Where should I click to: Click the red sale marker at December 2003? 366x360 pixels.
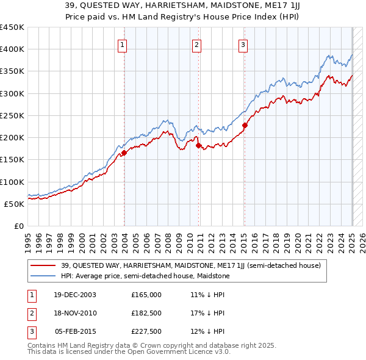click(x=124, y=153)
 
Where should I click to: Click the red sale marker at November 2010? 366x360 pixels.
click(x=199, y=145)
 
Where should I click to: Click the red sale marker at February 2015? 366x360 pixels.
click(x=244, y=126)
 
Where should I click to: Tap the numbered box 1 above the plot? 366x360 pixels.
click(x=123, y=44)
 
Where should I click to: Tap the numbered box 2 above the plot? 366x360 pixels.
click(x=197, y=44)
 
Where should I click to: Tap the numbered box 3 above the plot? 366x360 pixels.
click(x=243, y=44)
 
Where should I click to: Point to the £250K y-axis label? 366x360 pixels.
click(x=12, y=115)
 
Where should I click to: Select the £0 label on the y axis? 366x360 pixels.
click(x=18, y=226)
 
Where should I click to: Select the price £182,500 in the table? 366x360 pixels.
click(x=146, y=313)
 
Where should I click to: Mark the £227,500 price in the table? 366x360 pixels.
click(x=146, y=331)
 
